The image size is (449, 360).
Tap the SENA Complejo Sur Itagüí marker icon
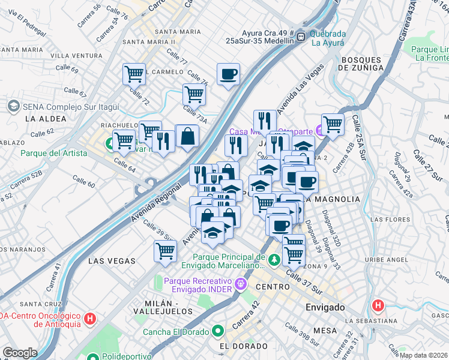coord(13,106)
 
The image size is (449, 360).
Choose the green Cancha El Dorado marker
coord(217,331)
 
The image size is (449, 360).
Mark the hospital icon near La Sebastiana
coord(378,305)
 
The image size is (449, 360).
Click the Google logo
coord(20,353)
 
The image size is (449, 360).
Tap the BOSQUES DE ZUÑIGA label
coord(361,64)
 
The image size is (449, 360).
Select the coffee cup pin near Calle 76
coord(228,74)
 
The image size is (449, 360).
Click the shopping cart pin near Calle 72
coord(134,74)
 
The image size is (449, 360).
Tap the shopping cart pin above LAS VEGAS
coord(165,251)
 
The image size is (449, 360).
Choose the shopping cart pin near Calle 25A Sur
coord(332,124)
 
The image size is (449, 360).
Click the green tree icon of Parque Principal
coord(274,260)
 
